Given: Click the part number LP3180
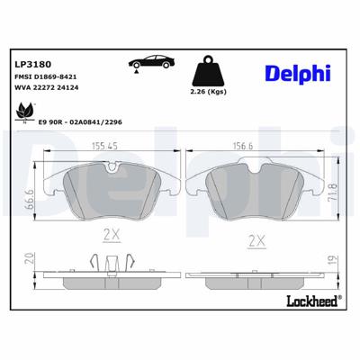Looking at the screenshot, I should pyautogui.click(x=34, y=65).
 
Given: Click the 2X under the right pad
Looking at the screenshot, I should pyautogui.click(x=256, y=242).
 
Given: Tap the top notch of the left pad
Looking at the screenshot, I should pyautogui.click(x=112, y=166).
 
